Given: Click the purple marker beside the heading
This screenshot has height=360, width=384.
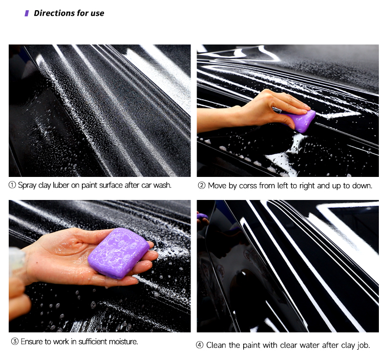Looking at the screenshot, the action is click(27, 13).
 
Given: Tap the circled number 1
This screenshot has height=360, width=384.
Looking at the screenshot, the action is click(12, 185).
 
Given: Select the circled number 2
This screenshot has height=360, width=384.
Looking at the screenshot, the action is click(202, 186).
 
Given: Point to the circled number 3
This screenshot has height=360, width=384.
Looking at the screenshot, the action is click(15, 341).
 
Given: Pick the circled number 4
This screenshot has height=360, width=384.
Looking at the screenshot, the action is click(200, 345).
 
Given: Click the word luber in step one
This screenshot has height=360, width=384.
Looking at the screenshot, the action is click(61, 185).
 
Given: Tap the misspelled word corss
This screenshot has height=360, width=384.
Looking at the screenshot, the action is click(248, 186).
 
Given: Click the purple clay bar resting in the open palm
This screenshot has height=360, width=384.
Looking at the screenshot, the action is click(119, 253).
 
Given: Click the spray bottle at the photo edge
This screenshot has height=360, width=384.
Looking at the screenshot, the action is click(17, 259).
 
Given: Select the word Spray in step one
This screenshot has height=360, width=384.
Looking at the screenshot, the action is click(28, 186).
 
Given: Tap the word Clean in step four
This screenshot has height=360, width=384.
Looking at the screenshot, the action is click(216, 345).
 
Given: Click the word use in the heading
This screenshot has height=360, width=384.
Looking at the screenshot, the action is click(97, 13).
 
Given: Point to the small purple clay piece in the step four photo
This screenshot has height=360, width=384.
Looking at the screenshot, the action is click(202, 216).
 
